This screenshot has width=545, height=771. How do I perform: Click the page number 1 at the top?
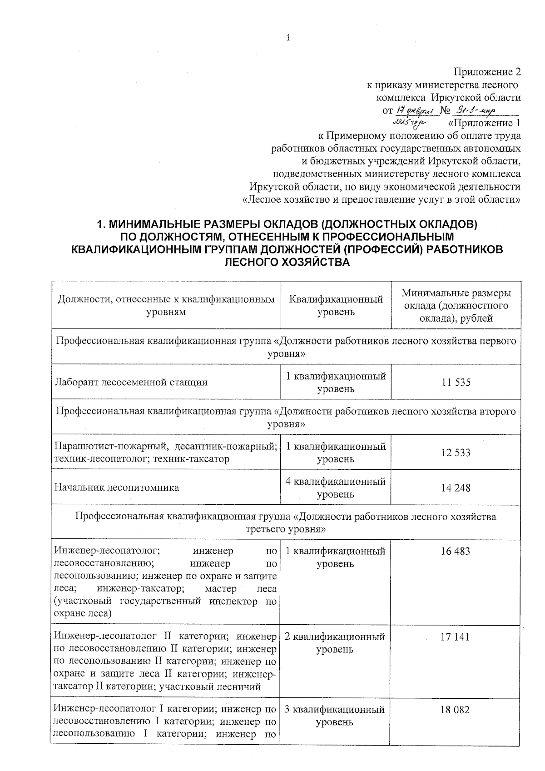[288, 38]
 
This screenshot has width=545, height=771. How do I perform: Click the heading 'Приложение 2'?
[487, 72]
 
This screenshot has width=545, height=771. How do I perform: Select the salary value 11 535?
[456, 382]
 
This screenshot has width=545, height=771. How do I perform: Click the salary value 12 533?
[456, 453]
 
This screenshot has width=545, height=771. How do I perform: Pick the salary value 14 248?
[456, 488]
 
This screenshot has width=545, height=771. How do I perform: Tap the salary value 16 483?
[455, 551]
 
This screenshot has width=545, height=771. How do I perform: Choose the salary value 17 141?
[455, 637]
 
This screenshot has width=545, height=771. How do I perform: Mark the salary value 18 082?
[455, 710]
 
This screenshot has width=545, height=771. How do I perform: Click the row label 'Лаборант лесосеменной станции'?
[131, 382]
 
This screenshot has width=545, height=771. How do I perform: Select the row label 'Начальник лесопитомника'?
[117, 487]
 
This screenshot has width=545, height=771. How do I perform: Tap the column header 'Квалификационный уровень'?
[336, 305]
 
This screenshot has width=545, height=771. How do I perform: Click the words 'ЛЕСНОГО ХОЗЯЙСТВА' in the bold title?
[287, 262]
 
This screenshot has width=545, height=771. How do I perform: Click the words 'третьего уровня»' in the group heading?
[286, 529]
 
